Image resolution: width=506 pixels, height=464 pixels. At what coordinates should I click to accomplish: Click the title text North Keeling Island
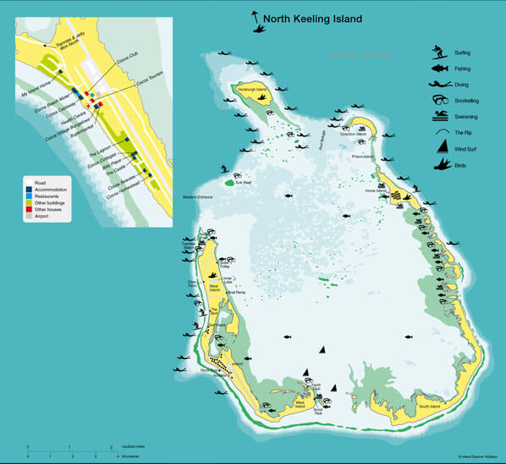(312, 19)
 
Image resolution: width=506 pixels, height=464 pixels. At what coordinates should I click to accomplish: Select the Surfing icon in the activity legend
(438, 52)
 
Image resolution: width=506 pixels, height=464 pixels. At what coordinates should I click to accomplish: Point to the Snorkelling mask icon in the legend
(438, 100)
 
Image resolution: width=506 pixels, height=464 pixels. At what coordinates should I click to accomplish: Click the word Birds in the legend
(474, 166)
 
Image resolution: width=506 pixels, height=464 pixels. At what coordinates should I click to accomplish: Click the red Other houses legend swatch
(28, 208)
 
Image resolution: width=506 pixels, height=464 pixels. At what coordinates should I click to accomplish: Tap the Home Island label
(376, 191)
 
